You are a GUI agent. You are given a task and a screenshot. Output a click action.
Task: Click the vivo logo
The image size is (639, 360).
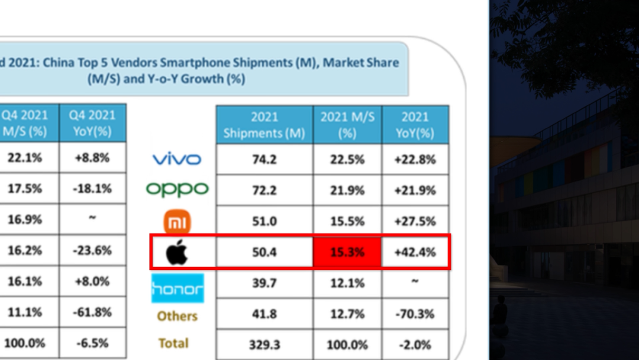pyautogui.click(x=177, y=159)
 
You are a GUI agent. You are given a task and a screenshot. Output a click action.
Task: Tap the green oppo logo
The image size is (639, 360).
pyautogui.click(x=177, y=189)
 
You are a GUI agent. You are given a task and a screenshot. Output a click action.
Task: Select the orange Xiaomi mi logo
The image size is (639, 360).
pyautogui.click(x=177, y=222)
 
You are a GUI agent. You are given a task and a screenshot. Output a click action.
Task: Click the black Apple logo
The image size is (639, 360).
pyautogui.click(x=177, y=253)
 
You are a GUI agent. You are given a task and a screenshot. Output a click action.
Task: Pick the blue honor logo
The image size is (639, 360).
pyautogui.click(x=177, y=288)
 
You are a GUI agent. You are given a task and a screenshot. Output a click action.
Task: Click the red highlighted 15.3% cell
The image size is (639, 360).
pyautogui.click(x=347, y=252)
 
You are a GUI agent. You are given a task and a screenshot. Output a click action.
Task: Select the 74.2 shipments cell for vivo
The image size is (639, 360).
pyautogui.click(x=264, y=159)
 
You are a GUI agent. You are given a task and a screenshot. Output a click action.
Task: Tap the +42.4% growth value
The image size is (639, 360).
pyautogui.click(x=415, y=252)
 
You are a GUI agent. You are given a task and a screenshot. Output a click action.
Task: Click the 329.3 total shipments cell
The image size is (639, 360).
pyautogui.click(x=264, y=345)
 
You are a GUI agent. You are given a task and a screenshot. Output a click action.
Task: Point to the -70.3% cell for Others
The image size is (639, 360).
pyautogui.click(x=415, y=314)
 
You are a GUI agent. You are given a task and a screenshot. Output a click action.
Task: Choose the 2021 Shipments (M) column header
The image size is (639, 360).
pyautogui.click(x=264, y=125)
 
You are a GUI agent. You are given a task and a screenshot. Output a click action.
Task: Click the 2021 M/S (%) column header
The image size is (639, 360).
pyautogui.click(x=347, y=125)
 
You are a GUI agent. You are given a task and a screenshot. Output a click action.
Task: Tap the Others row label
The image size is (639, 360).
pyautogui.click(x=177, y=316)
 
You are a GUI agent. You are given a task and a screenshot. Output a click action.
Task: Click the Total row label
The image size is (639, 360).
pyautogui.click(x=173, y=343)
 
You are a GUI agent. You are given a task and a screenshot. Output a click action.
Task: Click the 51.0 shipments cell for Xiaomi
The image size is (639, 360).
pyautogui.click(x=264, y=221)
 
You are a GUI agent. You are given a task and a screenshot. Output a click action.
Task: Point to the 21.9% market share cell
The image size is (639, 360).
pyautogui.click(x=347, y=190)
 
